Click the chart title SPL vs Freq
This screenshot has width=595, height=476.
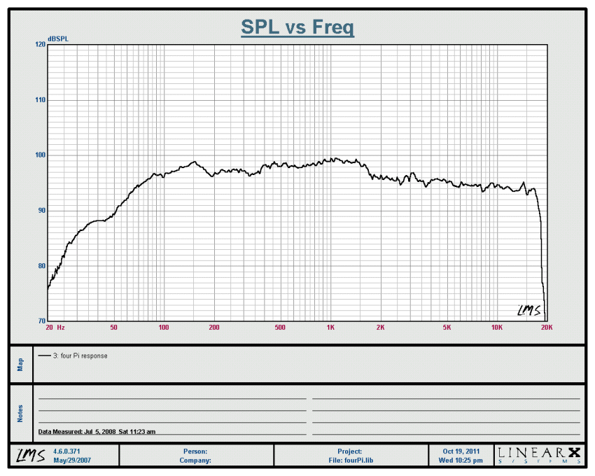point(297,27)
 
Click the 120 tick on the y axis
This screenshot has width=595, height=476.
point(40,44)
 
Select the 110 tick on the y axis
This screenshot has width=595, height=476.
point(40,100)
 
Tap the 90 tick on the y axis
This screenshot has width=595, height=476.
point(41,211)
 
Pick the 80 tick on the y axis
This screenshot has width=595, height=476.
point(41,266)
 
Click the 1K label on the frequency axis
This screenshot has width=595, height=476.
point(330,328)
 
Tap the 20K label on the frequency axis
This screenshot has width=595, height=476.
point(546,328)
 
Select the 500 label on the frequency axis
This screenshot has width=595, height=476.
point(280,328)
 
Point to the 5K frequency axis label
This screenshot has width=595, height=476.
point(447,328)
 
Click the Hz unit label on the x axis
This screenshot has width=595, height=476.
point(61,328)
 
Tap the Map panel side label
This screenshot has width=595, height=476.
point(20,365)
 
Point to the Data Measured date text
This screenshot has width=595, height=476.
point(97,432)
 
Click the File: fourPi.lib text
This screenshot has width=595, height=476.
point(350,461)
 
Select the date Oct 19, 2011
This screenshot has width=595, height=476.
point(462,451)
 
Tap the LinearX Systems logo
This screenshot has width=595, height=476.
point(540,455)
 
